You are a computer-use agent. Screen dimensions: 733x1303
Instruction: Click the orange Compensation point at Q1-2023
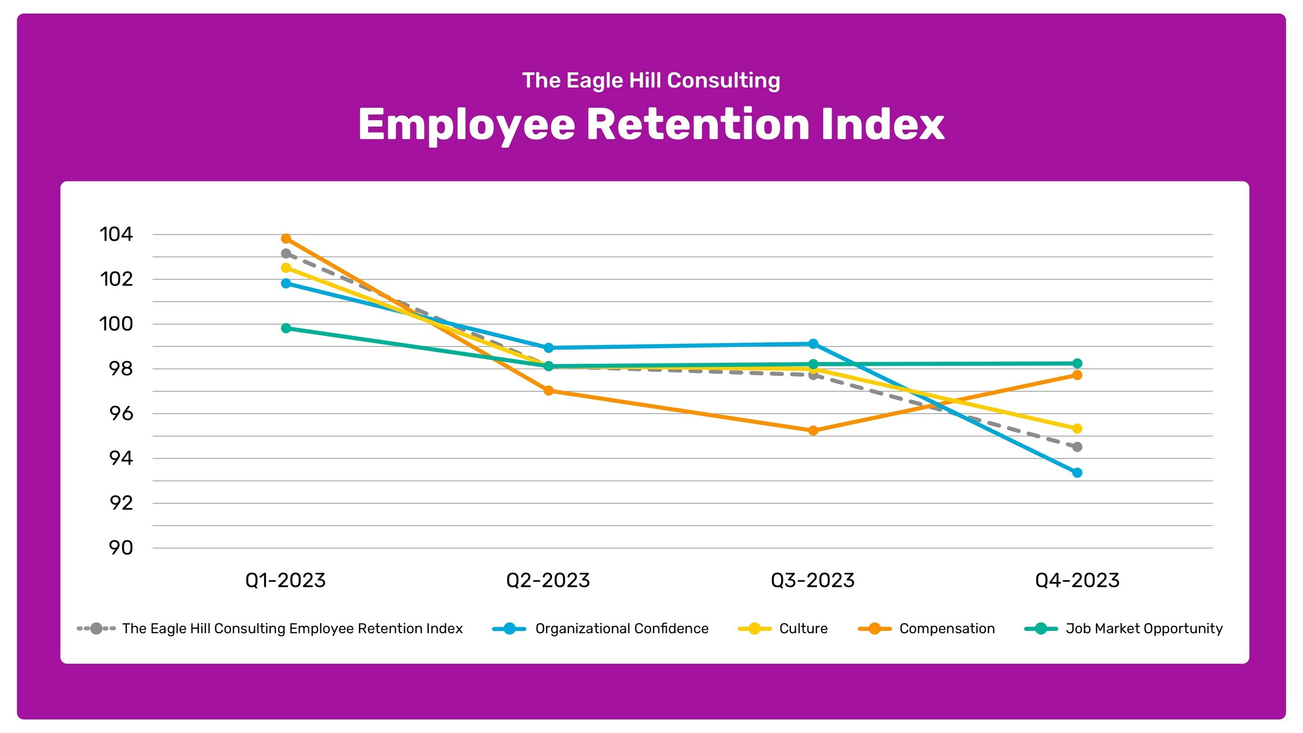(x=286, y=238)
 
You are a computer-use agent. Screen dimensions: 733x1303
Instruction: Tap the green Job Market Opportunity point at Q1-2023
(x=286, y=328)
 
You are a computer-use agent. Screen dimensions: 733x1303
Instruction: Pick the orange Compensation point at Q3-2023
(x=813, y=431)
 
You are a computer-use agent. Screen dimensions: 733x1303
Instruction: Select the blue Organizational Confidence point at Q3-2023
(x=813, y=344)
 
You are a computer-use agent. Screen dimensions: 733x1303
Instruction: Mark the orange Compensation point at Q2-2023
(x=548, y=390)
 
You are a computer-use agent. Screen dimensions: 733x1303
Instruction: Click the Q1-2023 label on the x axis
(x=285, y=580)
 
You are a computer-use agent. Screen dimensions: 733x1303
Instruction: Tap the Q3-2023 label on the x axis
(x=812, y=580)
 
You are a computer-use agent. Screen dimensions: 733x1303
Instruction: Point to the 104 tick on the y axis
(x=116, y=234)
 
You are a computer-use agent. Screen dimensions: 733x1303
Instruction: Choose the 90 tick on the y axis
(x=121, y=548)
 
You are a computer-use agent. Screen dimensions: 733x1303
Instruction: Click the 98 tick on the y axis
(x=121, y=369)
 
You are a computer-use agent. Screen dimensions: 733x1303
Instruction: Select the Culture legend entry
(x=803, y=629)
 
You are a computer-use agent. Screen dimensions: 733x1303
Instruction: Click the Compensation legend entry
(x=946, y=629)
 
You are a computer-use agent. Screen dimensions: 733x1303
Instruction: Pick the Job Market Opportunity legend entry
(x=1144, y=629)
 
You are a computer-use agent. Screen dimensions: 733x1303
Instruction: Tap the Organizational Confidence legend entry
(x=621, y=629)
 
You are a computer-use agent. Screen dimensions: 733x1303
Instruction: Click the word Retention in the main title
(x=697, y=124)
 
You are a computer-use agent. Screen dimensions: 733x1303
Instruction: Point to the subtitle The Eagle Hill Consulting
(x=651, y=81)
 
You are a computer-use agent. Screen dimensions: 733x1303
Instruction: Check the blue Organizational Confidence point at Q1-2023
(x=286, y=283)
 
